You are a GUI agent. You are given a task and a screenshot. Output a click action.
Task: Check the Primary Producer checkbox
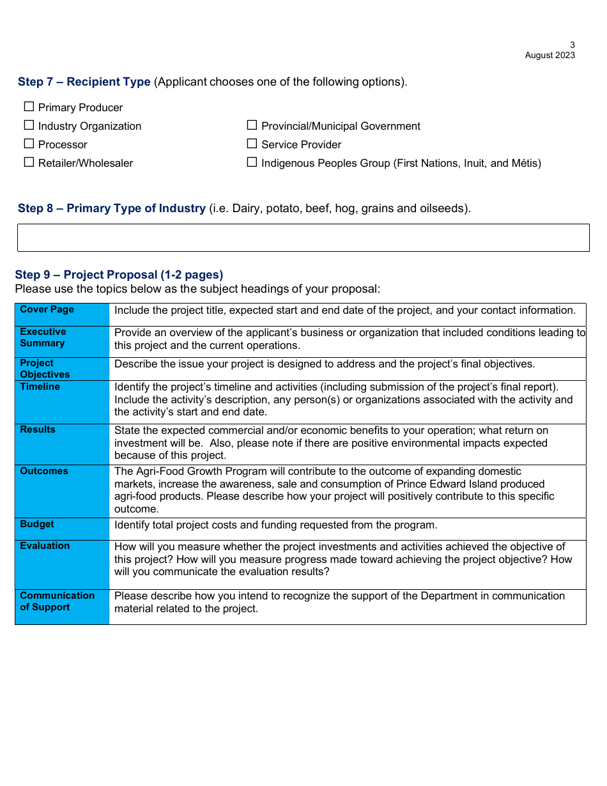[x=29, y=107]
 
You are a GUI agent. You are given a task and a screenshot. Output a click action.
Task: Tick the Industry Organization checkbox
[x=29, y=125]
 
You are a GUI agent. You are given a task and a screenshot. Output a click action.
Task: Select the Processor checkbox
[x=29, y=144]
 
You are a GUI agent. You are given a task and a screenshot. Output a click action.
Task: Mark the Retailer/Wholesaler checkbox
[x=29, y=162]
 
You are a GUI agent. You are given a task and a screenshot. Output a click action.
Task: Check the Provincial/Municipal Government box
[x=252, y=125]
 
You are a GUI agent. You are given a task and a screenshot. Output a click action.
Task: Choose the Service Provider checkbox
[x=252, y=144]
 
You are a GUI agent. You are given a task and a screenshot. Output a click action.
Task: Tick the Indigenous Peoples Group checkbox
[x=252, y=162]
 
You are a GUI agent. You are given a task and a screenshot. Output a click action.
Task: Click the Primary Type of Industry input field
[x=303, y=238]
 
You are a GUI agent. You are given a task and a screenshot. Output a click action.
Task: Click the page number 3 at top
[x=572, y=45]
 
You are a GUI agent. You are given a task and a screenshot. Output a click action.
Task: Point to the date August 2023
[x=549, y=56]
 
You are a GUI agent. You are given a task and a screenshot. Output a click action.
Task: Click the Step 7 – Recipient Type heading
[x=84, y=82]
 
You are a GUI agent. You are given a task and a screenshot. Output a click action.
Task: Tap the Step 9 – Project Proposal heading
[x=119, y=275]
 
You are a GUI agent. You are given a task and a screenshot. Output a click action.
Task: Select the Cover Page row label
[x=47, y=309]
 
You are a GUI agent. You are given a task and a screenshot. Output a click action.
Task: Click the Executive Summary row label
[x=43, y=337]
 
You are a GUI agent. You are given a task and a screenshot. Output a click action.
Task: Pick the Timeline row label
[x=40, y=387]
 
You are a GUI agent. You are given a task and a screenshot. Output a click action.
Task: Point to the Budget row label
[x=37, y=524]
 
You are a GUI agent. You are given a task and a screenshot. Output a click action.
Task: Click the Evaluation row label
[x=45, y=546]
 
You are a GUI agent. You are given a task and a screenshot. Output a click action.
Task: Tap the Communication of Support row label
[x=57, y=601]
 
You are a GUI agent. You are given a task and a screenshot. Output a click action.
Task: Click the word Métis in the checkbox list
[x=524, y=163]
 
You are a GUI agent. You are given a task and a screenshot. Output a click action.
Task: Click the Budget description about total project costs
[x=275, y=525]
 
